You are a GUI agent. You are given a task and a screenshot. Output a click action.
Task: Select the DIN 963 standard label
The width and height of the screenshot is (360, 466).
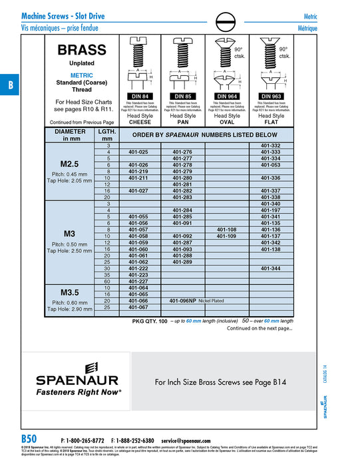[x=271, y=97]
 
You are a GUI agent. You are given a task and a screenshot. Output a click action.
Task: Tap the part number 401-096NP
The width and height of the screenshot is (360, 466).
[x=183, y=301]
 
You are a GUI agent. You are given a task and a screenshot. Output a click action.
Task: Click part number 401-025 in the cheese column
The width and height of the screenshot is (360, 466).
[x=138, y=152]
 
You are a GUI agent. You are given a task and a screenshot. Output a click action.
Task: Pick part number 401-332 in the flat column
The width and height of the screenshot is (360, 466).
[x=270, y=146]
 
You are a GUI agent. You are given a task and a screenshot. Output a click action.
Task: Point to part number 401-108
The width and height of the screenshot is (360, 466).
[x=226, y=230]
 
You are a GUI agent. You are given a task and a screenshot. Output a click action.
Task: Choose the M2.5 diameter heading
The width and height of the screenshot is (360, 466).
[x=70, y=164]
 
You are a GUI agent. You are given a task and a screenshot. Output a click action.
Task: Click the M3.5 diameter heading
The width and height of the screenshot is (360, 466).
[x=70, y=292]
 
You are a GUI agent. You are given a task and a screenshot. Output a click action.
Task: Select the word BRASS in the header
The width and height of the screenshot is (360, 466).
[x=82, y=50]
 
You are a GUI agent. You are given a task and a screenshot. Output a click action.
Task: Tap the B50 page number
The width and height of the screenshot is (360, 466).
[x=29, y=440]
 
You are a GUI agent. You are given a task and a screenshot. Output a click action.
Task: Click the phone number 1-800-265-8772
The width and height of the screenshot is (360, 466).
[x=85, y=441]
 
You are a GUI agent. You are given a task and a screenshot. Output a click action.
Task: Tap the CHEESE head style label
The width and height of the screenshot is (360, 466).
[x=139, y=122]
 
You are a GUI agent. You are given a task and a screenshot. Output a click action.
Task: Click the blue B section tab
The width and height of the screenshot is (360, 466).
[x=10, y=85]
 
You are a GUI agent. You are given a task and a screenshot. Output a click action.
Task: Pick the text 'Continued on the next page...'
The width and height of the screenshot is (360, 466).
[x=260, y=328]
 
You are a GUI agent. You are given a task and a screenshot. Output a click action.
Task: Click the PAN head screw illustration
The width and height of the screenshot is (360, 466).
[x=182, y=63]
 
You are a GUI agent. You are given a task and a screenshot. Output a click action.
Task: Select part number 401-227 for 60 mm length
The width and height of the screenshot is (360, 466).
[x=138, y=281]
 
